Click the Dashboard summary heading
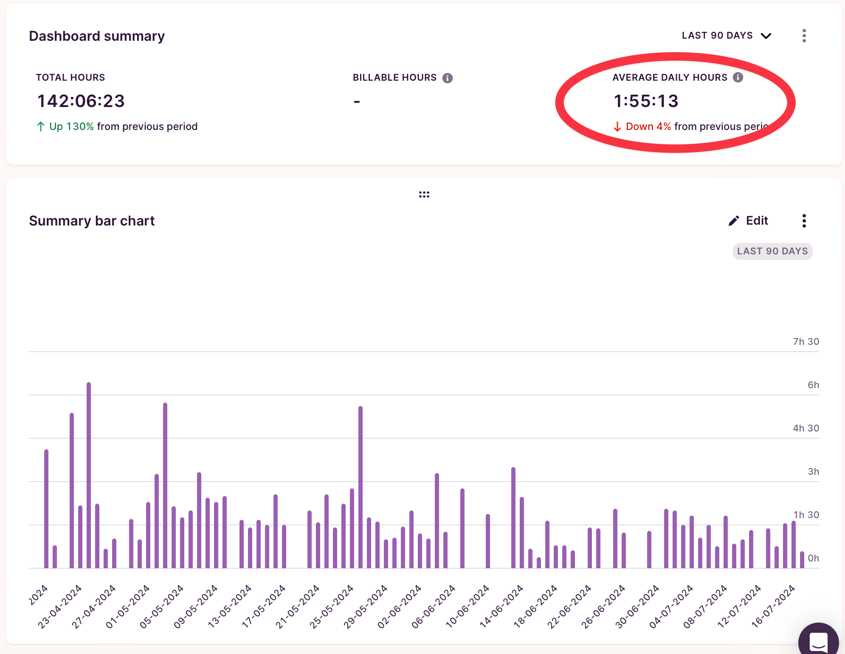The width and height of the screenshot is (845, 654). (x=97, y=36)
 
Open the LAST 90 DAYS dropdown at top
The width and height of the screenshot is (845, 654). (x=726, y=36)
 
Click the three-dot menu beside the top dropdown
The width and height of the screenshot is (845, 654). (x=804, y=36)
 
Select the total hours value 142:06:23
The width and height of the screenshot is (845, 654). (x=81, y=101)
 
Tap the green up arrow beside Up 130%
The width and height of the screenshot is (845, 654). (x=41, y=127)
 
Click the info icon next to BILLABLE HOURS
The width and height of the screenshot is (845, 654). (x=448, y=78)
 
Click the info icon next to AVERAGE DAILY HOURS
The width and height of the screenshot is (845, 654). (x=738, y=77)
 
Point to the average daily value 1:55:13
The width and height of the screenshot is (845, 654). (x=646, y=101)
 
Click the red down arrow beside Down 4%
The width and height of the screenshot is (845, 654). (x=617, y=127)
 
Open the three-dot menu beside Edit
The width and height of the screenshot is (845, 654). (x=804, y=221)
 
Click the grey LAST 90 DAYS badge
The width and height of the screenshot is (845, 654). (x=772, y=251)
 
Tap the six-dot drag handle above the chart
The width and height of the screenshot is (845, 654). (x=424, y=195)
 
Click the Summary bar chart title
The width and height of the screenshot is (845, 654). (x=92, y=221)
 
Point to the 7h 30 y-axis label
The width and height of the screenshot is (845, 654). (x=806, y=341)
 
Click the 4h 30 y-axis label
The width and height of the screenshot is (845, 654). (x=806, y=428)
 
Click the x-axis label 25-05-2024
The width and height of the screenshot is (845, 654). (x=332, y=606)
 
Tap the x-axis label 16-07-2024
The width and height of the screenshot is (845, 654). (x=773, y=606)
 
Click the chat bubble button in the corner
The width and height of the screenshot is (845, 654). (x=818, y=641)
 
